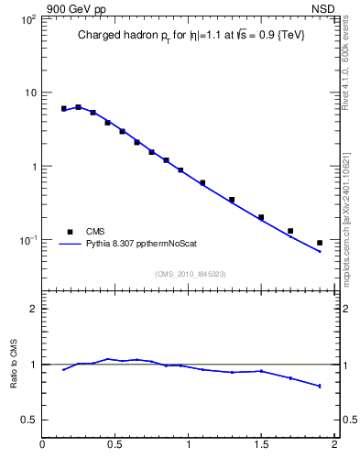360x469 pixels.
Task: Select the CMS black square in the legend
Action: pyautogui.click(x=69, y=232)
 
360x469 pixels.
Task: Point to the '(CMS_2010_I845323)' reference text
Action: pyautogui.click(x=190, y=273)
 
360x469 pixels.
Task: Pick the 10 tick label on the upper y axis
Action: pyautogui.click(x=29, y=93)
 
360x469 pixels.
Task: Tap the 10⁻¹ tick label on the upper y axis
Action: pyautogui.click(x=27, y=240)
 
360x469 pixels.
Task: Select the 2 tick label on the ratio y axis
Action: pyautogui.click(x=33, y=309)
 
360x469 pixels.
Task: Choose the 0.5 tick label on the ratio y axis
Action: pyautogui.click(x=28, y=420)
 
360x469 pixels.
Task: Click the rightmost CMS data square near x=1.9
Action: pyautogui.click(x=320, y=243)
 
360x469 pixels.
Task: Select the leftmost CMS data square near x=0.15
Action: pyautogui.click(x=63, y=108)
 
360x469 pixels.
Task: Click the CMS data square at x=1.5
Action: pyautogui.click(x=261, y=217)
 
